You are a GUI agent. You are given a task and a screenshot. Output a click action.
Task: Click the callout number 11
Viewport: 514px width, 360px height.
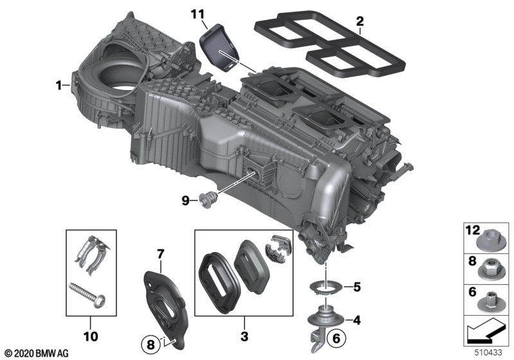197,14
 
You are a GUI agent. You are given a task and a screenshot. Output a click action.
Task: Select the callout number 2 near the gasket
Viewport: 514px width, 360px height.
360,21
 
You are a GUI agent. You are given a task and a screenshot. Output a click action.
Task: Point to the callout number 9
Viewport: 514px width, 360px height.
186,200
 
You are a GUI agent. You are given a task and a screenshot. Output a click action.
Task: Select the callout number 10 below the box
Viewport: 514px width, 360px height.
91,336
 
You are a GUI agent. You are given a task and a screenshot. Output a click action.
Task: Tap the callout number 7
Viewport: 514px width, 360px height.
161,254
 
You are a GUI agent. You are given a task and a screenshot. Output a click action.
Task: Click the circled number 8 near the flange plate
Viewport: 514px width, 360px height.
150,345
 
